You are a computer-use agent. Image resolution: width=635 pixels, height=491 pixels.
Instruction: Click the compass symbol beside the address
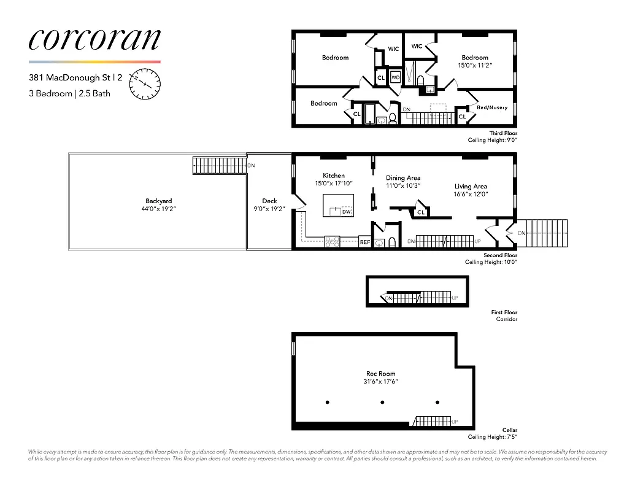pos(145,83)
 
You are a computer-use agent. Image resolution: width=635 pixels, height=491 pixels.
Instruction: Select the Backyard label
pos(158,201)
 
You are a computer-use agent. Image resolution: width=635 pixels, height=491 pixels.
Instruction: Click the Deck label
pos(269,201)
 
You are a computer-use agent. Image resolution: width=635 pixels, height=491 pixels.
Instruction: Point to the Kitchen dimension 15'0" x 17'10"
pos(334,184)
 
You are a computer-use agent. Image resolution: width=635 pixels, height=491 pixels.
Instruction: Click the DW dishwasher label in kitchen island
pos(347,211)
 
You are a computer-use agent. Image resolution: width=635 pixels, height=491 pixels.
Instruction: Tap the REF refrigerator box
pos(364,242)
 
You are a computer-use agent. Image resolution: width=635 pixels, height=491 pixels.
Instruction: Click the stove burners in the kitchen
pos(332,242)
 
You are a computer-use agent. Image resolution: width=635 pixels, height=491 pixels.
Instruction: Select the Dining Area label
pos(402,178)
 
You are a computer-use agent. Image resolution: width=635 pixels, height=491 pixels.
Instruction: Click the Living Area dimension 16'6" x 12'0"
pos(471,195)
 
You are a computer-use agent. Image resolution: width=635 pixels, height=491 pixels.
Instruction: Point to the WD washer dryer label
pos(396,78)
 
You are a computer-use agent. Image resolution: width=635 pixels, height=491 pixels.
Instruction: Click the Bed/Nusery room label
pos(492,107)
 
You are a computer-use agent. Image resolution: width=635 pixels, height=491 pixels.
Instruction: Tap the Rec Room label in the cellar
pos(380,373)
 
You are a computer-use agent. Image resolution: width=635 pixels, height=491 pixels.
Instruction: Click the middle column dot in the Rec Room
pos(382,403)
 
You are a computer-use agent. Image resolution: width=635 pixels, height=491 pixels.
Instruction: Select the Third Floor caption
pos(503,133)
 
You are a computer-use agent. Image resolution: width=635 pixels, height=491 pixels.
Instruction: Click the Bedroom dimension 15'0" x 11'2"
pos(475,65)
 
